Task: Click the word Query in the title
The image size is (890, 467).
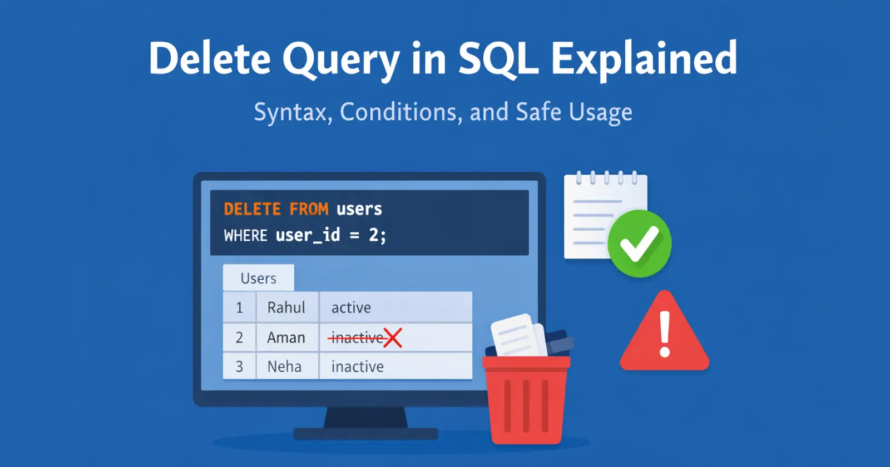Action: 341,59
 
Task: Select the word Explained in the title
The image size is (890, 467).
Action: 644,59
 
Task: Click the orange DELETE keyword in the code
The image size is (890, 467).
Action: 253,209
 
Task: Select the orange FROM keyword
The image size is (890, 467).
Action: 309,209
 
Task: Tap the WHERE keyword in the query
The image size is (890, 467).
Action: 245,236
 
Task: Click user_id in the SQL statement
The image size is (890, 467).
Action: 308,236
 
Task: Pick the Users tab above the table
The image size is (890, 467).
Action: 258,277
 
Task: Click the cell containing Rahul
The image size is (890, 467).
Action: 287,307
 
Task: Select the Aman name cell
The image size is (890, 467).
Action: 287,337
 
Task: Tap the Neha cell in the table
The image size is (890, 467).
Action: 287,366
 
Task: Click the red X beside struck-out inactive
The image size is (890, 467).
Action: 393,338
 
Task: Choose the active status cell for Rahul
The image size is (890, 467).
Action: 395,307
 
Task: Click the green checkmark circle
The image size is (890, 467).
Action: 639,244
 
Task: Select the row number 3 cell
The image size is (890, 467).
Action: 239,366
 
